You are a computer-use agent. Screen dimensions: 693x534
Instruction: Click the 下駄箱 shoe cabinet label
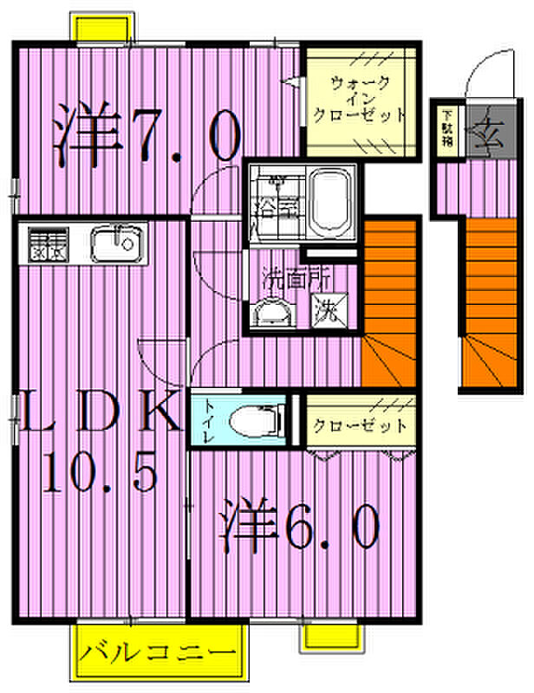447,126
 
